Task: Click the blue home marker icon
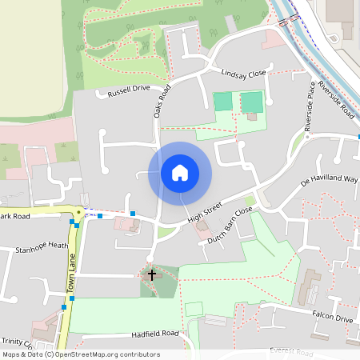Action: click(180, 173)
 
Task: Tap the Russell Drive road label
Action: click(129, 90)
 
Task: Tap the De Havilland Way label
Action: click(328, 180)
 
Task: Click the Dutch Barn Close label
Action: click(230, 225)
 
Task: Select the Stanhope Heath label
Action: click(42, 248)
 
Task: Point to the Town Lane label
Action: click(70, 269)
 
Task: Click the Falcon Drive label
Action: click(333, 318)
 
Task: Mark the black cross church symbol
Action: click(152, 274)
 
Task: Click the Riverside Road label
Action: click(335, 100)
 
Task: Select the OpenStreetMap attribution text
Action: click(80, 354)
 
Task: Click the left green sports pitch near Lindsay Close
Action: click(223, 102)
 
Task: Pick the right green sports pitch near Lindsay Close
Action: click(252, 102)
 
